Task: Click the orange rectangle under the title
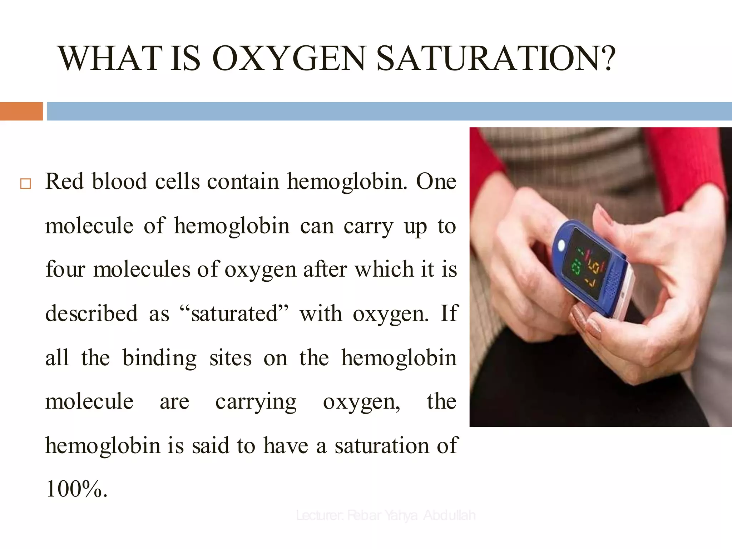click(x=21, y=111)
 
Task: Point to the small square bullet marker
click(x=25, y=184)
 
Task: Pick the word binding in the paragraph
click(x=159, y=358)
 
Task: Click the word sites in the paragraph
click(x=231, y=358)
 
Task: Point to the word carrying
click(x=256, y=402)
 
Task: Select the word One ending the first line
click(x=436, y=181)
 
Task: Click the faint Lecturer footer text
click(x=386, y=515)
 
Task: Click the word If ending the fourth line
click(x=449, y=313)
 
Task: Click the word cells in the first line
click(x=177, y=181)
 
